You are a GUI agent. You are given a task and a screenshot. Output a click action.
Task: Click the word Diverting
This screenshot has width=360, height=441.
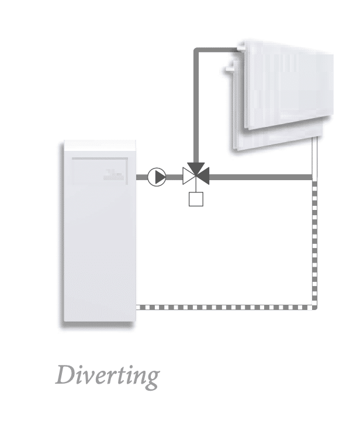[x=108, y=376]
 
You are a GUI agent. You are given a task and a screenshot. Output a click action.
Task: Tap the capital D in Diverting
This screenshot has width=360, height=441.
[x=65, y=374]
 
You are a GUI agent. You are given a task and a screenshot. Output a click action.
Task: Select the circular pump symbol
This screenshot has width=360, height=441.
[x=157, y=177]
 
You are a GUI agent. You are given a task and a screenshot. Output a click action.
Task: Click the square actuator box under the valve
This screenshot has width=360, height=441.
[x=196, y=199]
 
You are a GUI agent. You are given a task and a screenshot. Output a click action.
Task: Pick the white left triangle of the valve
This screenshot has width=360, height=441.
[x=187, y=176]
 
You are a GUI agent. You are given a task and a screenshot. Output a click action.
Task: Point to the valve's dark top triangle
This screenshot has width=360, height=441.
[x=196, y=168]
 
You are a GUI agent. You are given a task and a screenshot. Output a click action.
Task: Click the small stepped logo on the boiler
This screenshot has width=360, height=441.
[x=113, y=174]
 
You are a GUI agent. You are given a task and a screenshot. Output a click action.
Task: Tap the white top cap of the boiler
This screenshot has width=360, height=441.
[x=100, y=146]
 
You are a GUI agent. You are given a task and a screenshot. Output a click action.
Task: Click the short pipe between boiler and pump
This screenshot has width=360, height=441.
[x=142, y=177]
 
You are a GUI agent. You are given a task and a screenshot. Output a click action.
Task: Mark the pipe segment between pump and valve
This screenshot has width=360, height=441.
[x=174, y=177]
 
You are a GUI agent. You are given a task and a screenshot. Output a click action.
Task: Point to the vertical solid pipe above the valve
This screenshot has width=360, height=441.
[x=196, y=107]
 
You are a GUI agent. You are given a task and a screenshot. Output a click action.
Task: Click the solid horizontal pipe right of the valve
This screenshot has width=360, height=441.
[x=261, y=177]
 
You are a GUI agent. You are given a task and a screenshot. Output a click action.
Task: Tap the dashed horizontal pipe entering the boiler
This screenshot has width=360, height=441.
[x=225, y=308]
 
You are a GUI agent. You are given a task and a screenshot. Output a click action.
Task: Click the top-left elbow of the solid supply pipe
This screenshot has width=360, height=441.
[x=196, y=50]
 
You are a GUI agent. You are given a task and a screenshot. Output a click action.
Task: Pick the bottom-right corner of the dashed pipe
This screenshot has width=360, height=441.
[x=315, y=308]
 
